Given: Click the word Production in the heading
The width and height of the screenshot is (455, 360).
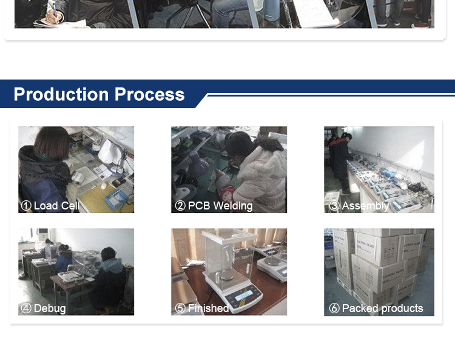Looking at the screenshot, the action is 61,94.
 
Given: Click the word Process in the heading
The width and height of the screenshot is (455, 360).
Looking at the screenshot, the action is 149,94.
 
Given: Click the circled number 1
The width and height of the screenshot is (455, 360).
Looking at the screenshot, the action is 26,206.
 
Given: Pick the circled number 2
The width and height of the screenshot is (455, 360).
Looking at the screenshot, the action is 180,206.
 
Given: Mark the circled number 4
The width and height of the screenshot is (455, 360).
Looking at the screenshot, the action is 26,308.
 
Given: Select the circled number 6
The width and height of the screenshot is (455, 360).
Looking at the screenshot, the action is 334,308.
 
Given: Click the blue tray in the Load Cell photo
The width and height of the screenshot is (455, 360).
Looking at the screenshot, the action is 116,199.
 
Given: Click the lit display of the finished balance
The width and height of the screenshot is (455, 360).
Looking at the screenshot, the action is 243,296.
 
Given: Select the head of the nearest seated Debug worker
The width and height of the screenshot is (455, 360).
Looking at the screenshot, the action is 109,254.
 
